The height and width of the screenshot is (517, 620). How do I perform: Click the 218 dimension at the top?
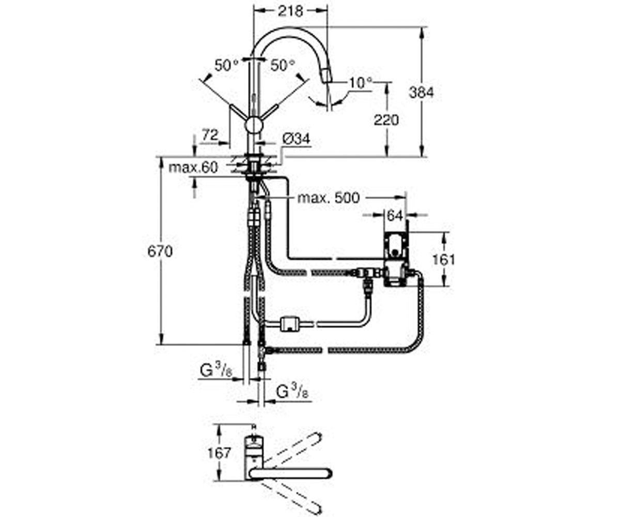pos(291,11)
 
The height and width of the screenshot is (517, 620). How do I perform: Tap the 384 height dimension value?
pos(421,93)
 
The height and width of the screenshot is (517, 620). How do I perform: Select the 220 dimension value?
pos(386,120)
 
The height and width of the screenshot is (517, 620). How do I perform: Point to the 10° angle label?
pos(361,83)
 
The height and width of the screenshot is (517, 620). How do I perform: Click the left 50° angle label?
pos(227,65)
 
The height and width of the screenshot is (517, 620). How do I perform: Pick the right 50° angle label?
pos(283,65)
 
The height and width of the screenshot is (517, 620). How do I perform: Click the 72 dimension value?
pos(210,135)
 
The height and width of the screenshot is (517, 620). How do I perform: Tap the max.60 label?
pos(193,168)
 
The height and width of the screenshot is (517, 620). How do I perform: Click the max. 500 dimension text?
pos(329,198)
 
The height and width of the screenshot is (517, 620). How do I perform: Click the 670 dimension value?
pos(160,252)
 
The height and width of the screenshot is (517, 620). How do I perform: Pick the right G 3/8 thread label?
pos(292,392)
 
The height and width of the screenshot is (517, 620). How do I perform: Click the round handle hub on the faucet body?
pos(253,125)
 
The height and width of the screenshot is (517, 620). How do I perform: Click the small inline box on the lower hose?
pos(289,323)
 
